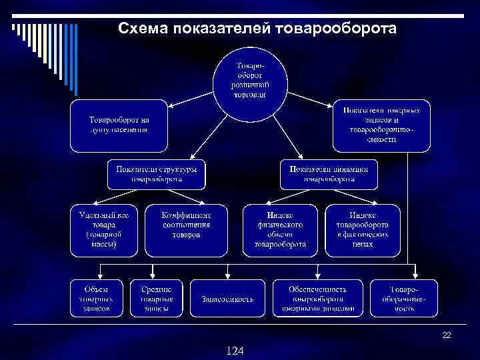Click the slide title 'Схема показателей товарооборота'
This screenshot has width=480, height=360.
point(257,29)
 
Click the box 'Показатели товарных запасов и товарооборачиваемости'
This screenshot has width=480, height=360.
point(382,125)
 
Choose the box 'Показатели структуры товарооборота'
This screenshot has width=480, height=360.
point(157,173)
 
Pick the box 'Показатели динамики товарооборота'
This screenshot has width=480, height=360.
point(329,173)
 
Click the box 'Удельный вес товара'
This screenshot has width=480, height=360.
point(104,230)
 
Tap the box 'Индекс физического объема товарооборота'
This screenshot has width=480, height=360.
point(280,230)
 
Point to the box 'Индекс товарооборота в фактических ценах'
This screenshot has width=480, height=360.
point(363,230)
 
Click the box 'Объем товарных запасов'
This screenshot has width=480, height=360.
point(97,297)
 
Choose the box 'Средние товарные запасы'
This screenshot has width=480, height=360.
point(157,297)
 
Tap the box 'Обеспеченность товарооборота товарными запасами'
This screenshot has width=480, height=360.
point(318,297)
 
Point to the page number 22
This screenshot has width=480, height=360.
point(447,335)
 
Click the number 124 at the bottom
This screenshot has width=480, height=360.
point(234,350)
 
